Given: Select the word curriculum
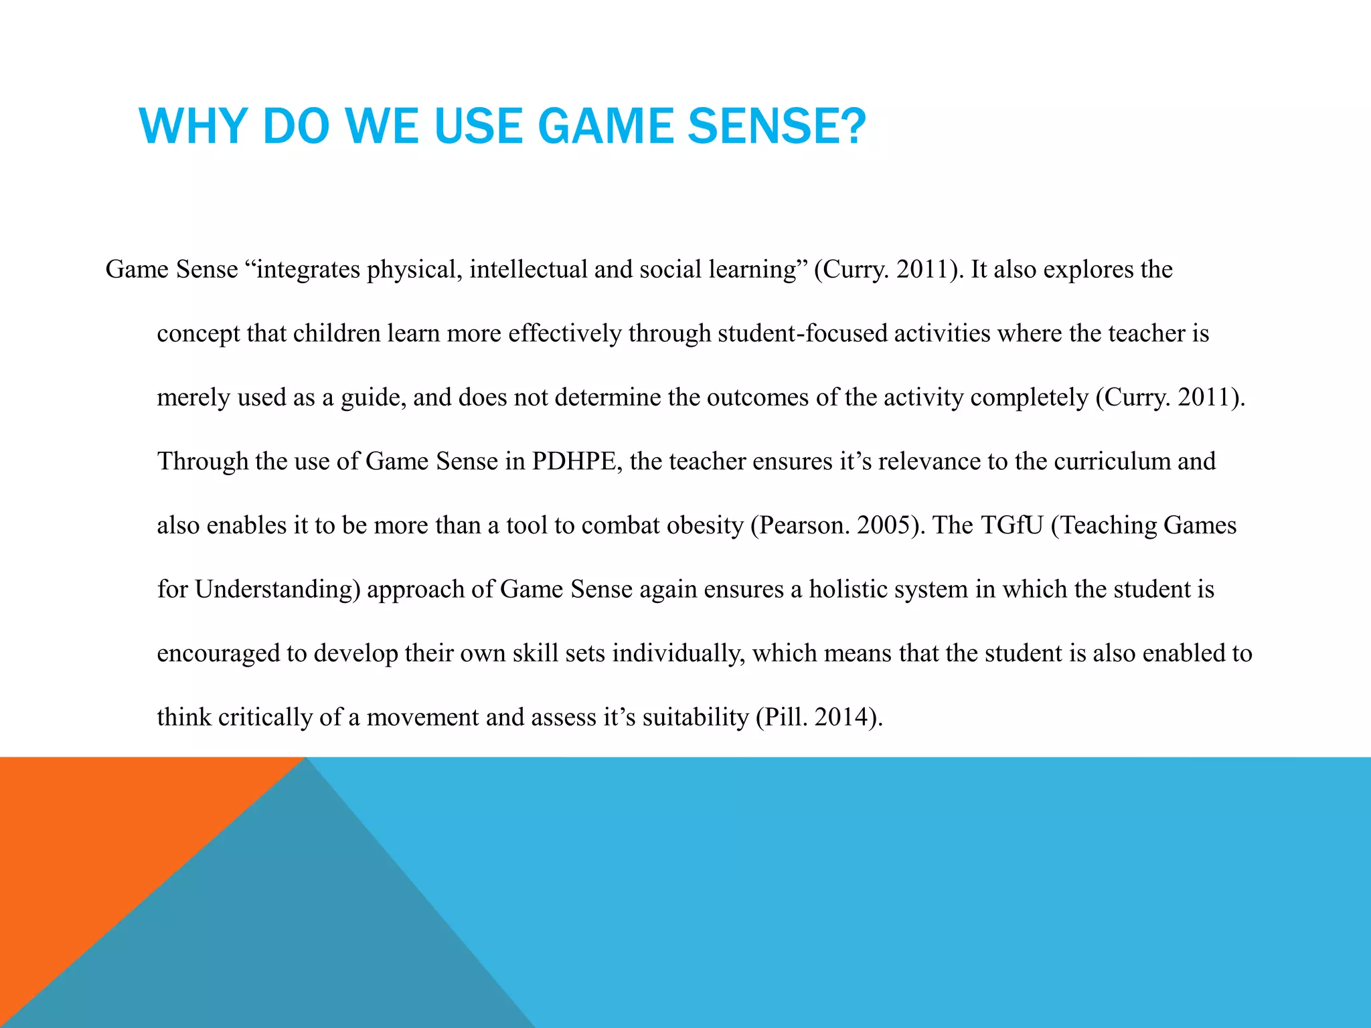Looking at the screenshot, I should pyautogui.click(x=1111, y=461).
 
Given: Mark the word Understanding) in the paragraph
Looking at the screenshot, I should pyautogui.click(x=278, y=590).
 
